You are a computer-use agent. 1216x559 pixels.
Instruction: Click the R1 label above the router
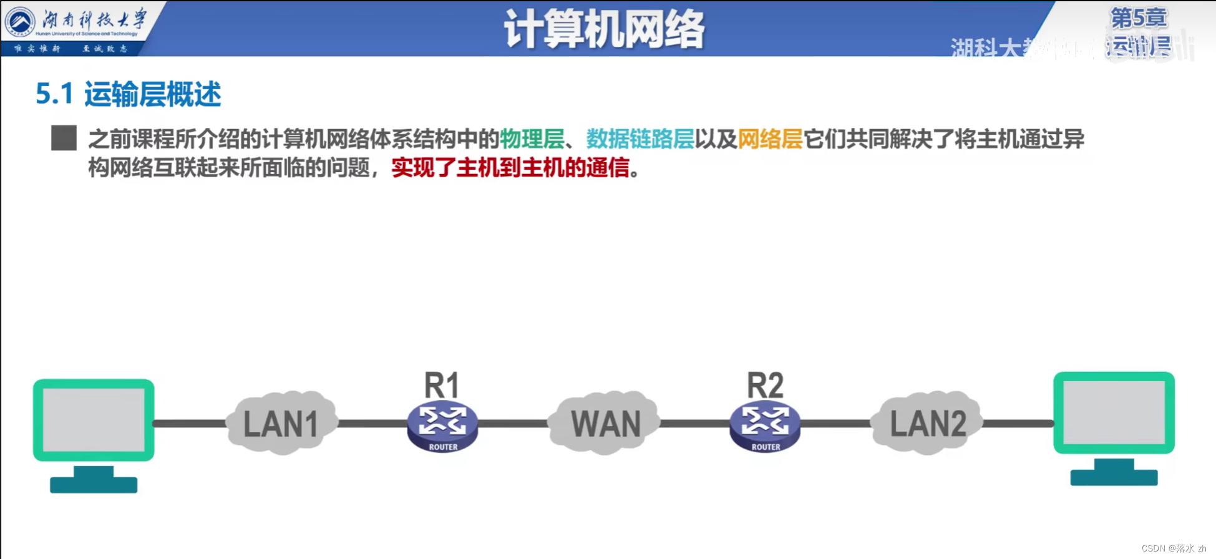point(442,385)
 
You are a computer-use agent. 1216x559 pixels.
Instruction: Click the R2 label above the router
point(765,385)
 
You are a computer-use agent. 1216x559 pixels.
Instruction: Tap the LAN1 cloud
point(281,424)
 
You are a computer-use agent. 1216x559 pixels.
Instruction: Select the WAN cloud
point(605,424)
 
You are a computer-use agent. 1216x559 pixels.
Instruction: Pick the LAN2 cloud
point(928,424)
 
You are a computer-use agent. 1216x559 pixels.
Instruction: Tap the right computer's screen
point(1114,412)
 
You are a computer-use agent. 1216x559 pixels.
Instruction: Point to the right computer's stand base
point(1114,477)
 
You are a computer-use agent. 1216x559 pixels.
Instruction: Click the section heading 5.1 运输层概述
point(129,94)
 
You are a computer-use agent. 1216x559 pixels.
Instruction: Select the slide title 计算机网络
point(604,29)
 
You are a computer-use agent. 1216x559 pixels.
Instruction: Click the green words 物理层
point(532,139)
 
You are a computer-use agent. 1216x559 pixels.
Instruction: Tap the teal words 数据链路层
point(640,139)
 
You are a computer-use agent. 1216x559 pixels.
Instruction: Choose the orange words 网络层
point(770,139)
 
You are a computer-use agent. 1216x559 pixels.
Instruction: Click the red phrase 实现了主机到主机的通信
point(510,168)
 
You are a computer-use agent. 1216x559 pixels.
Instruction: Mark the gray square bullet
point(64,138)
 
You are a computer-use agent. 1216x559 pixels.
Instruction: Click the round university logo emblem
point(19,22)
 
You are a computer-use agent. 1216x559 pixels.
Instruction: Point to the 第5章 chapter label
point(1139,18)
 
